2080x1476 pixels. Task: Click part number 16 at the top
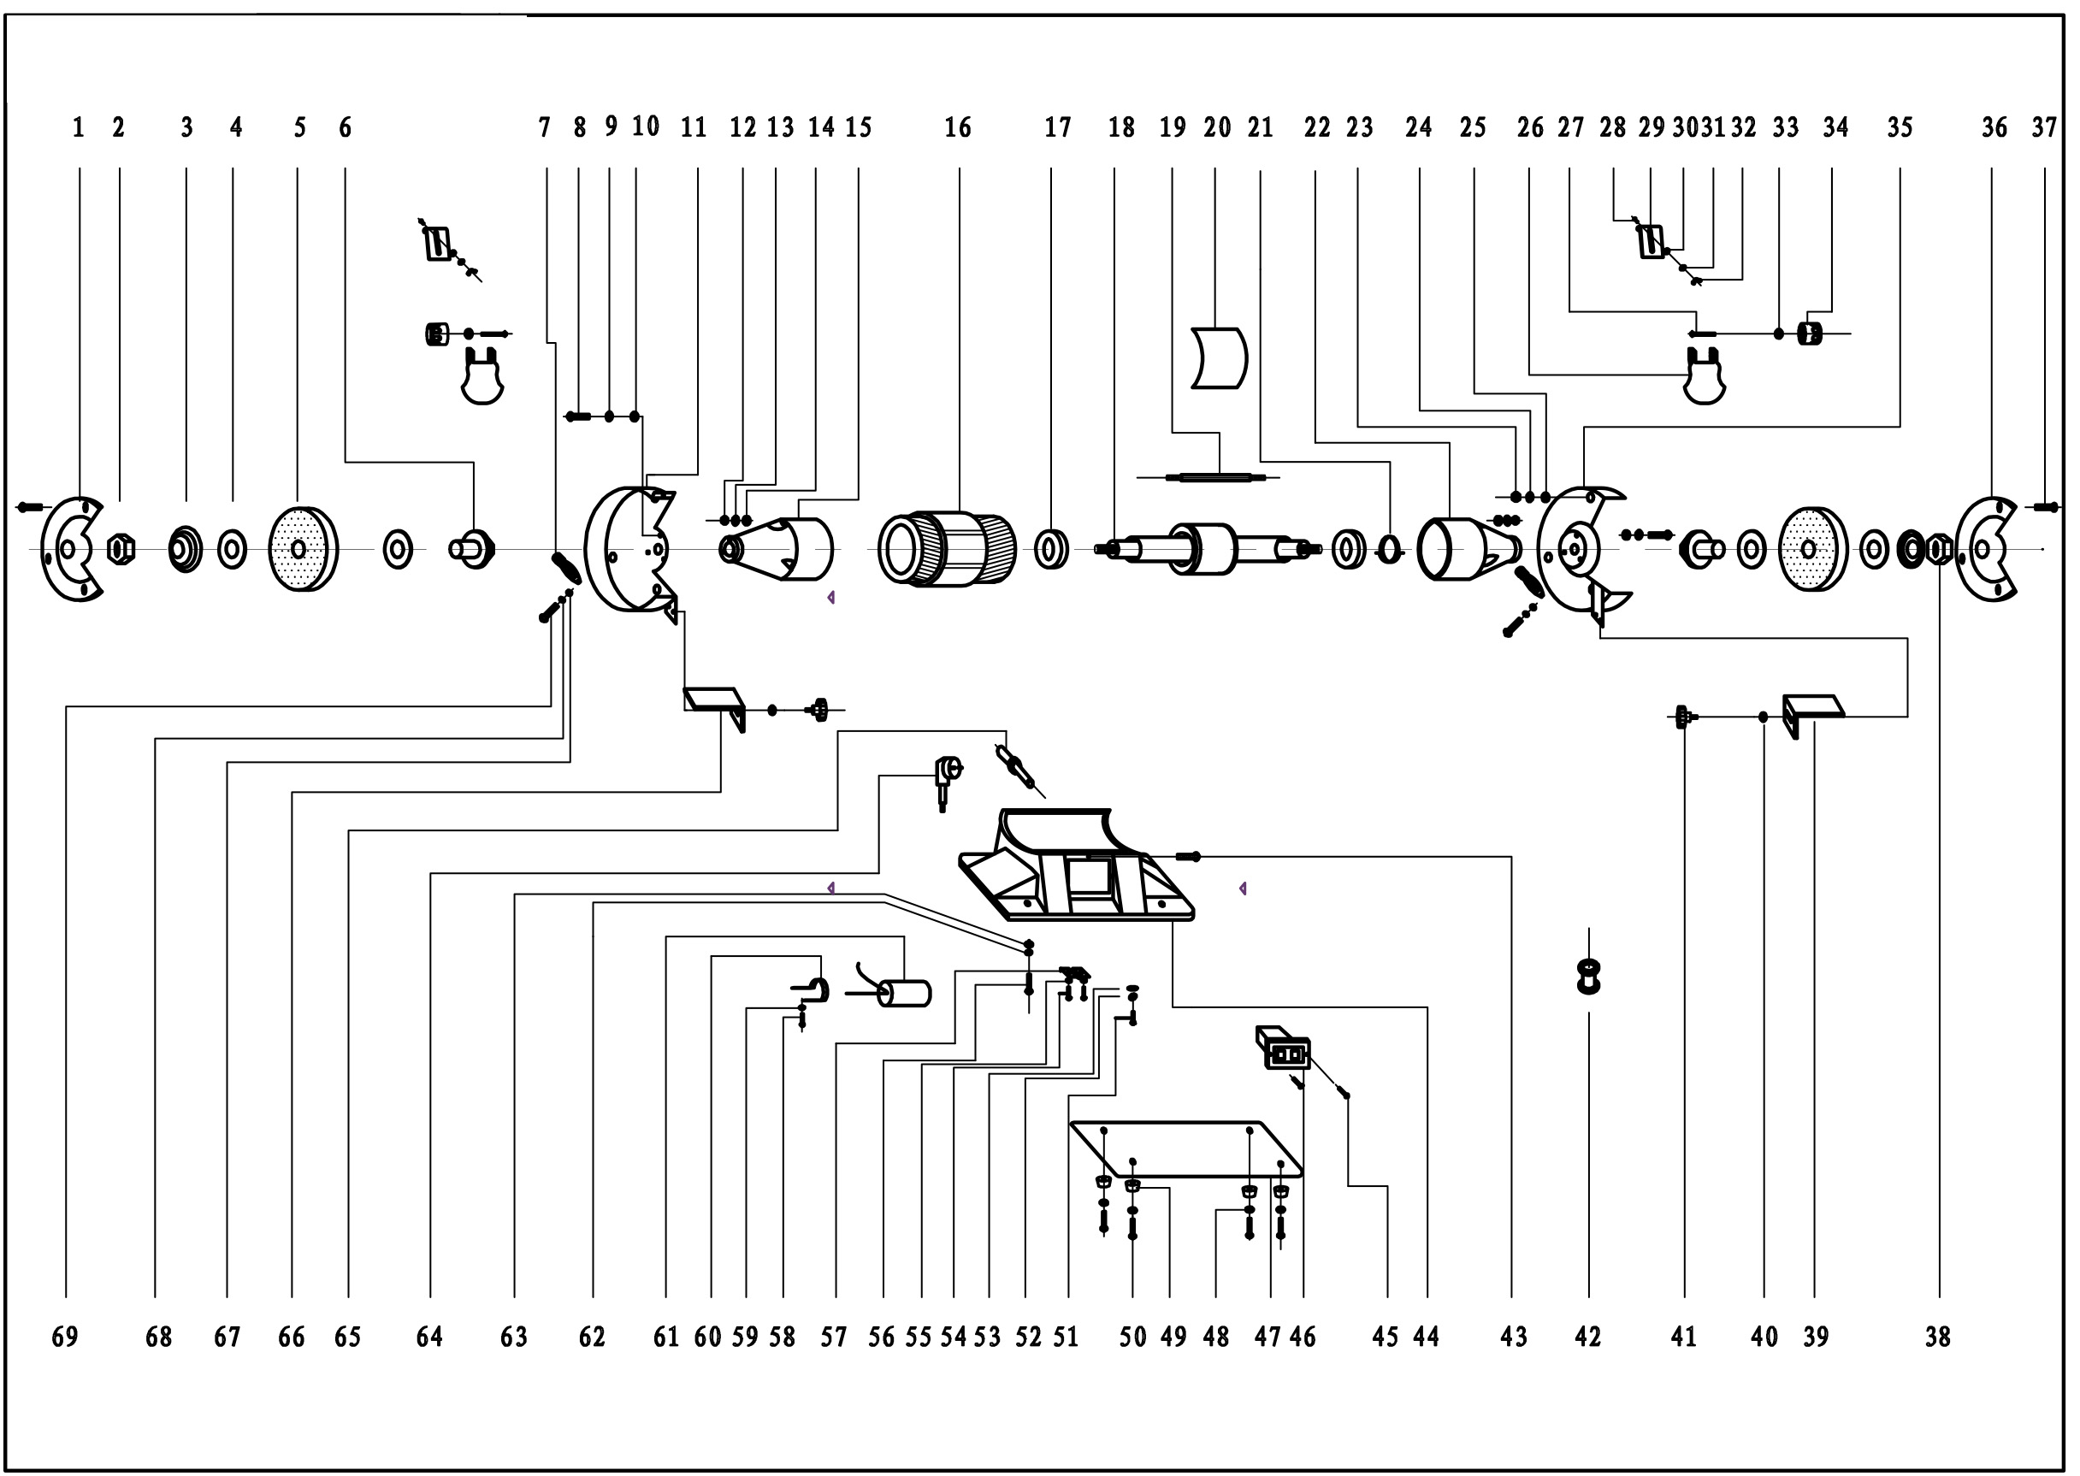(x=957, y=127)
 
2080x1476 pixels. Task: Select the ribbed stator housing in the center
(x=947, y=549)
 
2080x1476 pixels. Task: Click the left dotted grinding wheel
(x=303, y=548)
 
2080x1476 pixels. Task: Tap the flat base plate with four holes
(x=1186, y=1149)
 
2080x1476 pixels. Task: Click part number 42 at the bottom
(x=1587, y=1337)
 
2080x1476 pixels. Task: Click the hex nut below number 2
(x=121, y=549)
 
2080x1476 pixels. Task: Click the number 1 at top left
(x=78, y=127)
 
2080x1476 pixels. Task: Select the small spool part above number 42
(x=1588, y=977)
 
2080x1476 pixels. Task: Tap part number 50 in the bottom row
(x=1132, y=1337)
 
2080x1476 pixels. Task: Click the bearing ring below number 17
(x=1051, y=548)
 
